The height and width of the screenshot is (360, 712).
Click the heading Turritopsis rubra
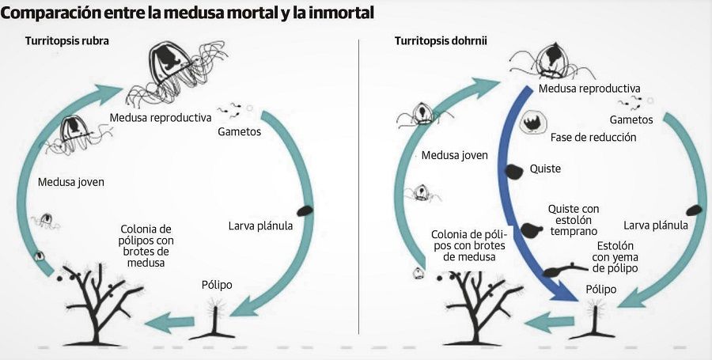coord(66,41)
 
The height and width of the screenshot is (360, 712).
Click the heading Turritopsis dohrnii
coord(441,41)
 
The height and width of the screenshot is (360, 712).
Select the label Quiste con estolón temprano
coord(573,220)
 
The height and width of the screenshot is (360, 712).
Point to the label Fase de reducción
coord(593,137)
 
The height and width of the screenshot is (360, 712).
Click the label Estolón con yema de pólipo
coord(615,257)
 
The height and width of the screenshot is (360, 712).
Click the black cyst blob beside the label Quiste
coord(514,171)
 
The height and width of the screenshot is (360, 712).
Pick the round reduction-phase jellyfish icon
coord(532,122)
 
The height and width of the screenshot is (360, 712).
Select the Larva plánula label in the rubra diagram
coord(260,225)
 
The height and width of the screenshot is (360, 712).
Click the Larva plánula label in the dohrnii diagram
coord(656,225)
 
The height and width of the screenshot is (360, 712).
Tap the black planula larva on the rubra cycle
coord(305,210)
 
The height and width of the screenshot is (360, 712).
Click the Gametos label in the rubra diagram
coord(239,132)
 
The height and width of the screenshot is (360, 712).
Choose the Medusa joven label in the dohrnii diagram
coord(455,155)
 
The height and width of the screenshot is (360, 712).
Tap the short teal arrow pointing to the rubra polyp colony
coord(169,322)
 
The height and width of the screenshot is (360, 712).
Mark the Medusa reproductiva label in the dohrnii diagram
coord(589,88)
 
